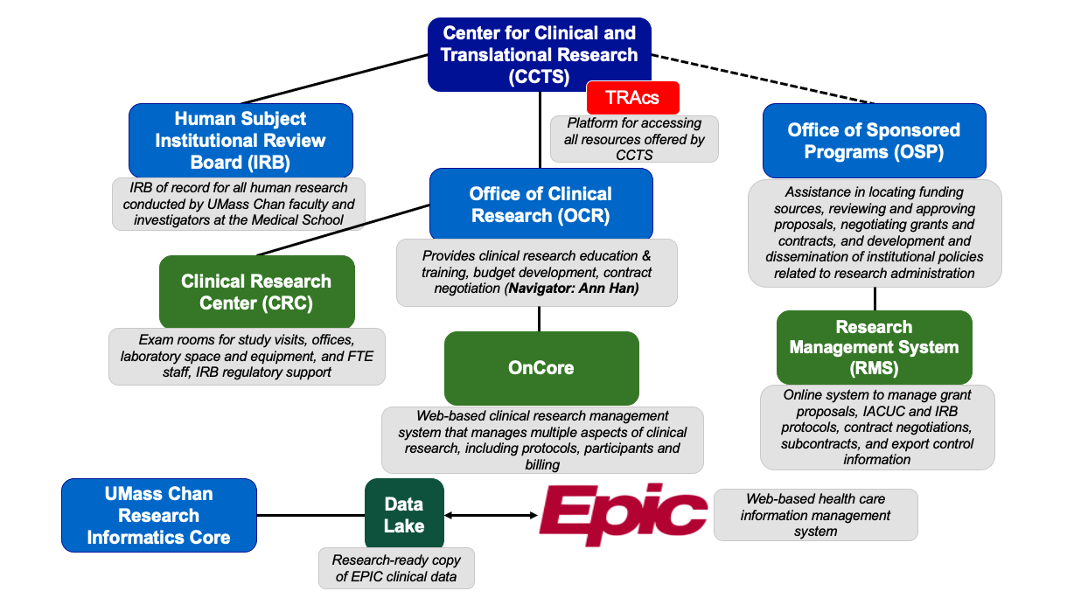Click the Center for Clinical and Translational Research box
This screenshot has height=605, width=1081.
pyautogui.click(x=539, y=54)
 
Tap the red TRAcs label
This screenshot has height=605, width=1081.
pyautogui.click(x=632, y=97)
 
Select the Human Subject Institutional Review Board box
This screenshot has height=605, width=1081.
pyautogui.click(x=241, y=140)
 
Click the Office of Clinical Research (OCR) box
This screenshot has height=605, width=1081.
pyautogui.click(x=540, y=204)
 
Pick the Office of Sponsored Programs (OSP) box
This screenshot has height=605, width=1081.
pyautogui.click(x=874, y=141)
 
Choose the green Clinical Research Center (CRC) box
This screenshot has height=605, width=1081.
pyautogui.click(x=256, y=292)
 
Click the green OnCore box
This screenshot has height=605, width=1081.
pyautogui.click(x=540, y=367)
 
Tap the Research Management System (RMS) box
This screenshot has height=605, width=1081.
pyautogui.click(x=874, y=347)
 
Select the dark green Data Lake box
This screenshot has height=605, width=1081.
pyautogui.click(x=403, y=515)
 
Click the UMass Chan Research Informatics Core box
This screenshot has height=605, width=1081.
pyautogui.click(x=159, y=515)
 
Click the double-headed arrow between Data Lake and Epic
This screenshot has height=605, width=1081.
pyautogui.click(x=490, y=515)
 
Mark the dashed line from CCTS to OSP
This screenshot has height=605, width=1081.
pyautogui.click(x=761, y=74)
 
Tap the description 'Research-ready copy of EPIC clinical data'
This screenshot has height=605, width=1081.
pyautogui.click(x=395, y=568)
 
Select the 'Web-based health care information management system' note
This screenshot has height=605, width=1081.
pyautogui.click(x=815, y=515)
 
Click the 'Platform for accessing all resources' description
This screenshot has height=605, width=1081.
pyautogui.click(x=634, y=140)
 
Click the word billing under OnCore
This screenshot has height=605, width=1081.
pyautogui.click(x=542, y=465)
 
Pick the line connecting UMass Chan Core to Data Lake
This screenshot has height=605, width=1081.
pyautogui.click(x=310, y=515)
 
